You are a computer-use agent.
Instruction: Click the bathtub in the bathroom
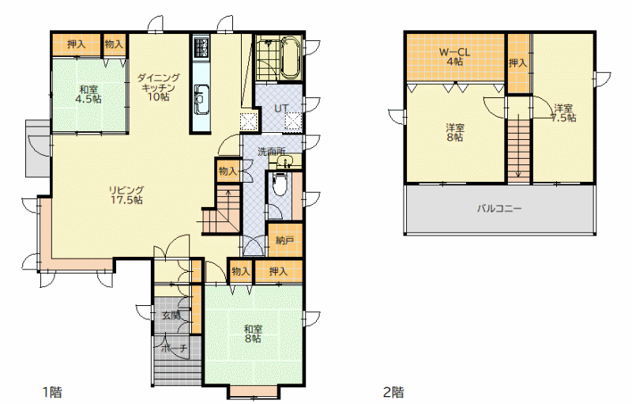[x=290, y=58]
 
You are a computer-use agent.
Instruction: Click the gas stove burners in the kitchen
[x=201, y=47]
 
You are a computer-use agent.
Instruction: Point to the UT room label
[x=281, y=108]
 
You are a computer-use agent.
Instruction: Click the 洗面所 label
[x=271, y=152]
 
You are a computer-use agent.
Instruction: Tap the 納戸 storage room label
[x=284, y=240]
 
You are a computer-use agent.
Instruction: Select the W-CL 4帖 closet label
[x=455, y=57]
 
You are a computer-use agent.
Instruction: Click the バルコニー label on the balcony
[x=499, y=209]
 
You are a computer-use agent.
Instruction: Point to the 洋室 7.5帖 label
[x=563, y=113]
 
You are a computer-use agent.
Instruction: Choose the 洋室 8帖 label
[x=455, y=133]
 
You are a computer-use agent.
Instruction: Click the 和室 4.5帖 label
[x=88, y=94]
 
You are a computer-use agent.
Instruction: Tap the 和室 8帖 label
[x=253, y=334]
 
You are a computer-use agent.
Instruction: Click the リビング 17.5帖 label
[x=126, y=195]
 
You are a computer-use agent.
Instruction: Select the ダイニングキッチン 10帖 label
[x=158, y=87]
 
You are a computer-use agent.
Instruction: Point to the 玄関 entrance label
[x=171, y=315]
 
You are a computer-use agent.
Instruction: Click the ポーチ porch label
[x=175, y=348]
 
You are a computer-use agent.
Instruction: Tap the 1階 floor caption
[x=52, y=392]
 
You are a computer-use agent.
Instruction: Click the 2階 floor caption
[x=393, y=392]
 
